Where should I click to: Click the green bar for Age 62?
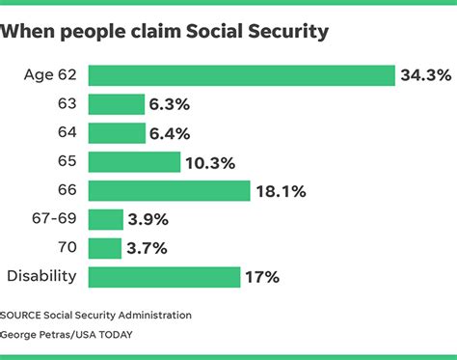[241, 75]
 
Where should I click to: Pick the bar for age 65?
[134, 162]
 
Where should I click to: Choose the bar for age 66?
[169, 191]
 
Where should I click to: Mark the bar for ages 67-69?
[105, 220]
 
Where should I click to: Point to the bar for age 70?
[105, 248]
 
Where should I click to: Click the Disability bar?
[164, 277]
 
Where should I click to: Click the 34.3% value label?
[425, 75]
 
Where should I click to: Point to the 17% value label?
[262, 277]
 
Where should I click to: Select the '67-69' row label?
[56, 220]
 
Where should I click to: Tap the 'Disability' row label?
[42, 277]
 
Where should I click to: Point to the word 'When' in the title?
[32, 32]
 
